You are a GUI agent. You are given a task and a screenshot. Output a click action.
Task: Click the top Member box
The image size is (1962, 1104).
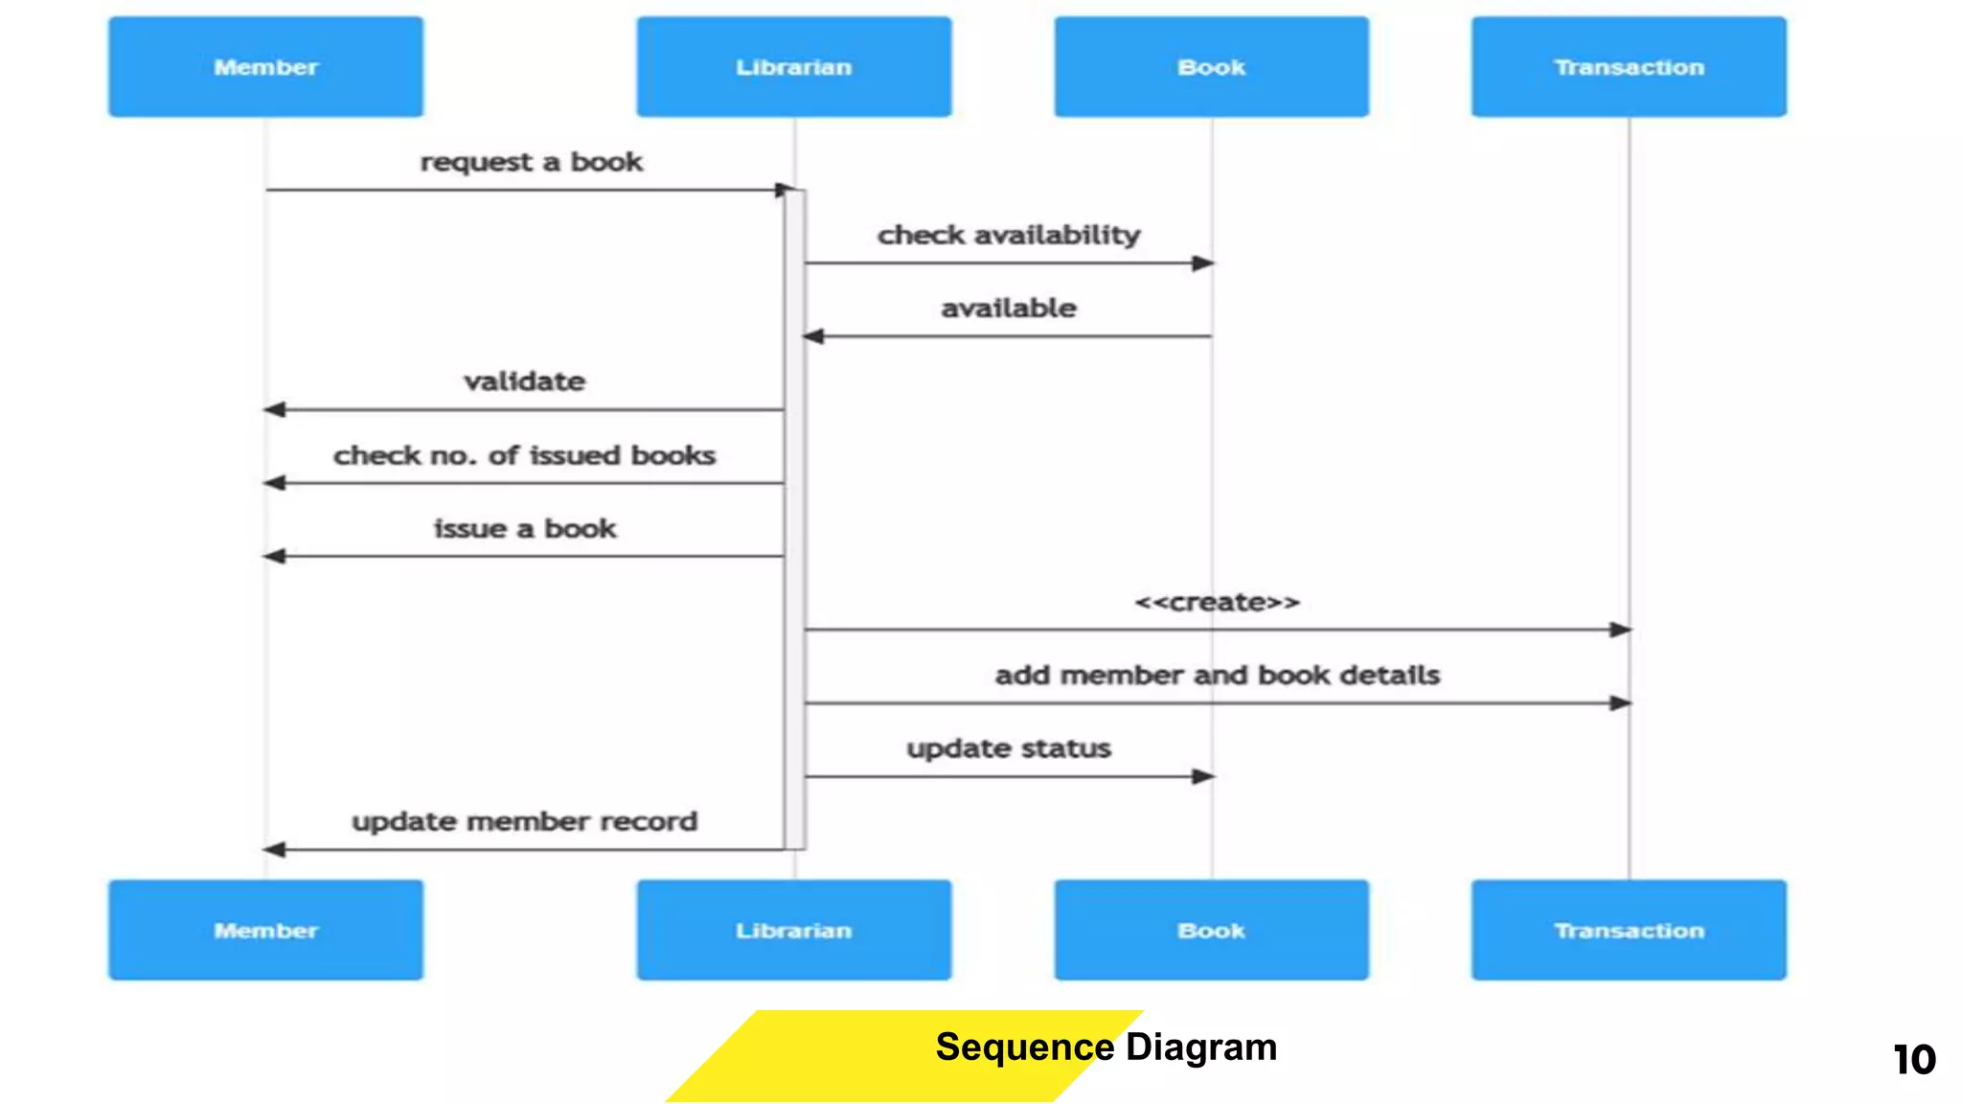click(x=265, y=67)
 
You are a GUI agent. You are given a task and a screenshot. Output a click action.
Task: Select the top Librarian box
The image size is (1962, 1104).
click(x=793, y=67)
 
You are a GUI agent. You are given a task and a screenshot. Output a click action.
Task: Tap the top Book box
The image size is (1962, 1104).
click(x=1211, y=67)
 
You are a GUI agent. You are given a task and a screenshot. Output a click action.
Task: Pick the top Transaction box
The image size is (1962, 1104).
click(x=1629, y=67)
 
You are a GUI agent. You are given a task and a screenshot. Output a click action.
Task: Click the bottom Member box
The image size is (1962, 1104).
click(x=265, y=930)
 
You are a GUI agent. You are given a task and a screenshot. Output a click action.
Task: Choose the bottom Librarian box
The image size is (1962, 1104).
click(x=793, y=930)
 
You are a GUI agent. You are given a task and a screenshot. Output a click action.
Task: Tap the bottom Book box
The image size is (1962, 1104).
click(x=1211, y=930)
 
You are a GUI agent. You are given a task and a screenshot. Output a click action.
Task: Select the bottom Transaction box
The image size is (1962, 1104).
click(x=1629, y=930)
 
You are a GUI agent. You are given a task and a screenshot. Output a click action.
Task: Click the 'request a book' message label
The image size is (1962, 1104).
click(x=531, y=162)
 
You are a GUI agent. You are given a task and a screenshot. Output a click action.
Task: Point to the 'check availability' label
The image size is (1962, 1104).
click(x=1008, y=235)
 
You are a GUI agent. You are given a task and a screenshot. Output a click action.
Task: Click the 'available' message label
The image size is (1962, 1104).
click(x=1008, y=308)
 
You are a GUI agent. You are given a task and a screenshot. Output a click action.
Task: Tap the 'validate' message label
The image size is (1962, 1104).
click(x=524, y=381)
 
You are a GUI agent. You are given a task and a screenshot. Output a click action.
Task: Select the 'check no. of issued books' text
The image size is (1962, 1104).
click(x=524, y=455)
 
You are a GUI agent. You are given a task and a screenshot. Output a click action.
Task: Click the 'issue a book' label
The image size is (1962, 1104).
click(x=524, y=528)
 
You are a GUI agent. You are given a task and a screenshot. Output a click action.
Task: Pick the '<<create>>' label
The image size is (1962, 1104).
click(x=1217, y=602)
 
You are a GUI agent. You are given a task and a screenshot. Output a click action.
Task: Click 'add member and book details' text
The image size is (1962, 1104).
click(x=1217, y=675)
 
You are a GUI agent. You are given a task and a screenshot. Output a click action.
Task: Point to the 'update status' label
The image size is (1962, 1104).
click(x=1008, y=747)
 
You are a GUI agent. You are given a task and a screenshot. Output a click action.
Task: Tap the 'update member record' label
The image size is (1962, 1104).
click(x=524, y=821)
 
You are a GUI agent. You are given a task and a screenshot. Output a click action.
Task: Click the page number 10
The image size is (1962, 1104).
click(x=1914, y=1060)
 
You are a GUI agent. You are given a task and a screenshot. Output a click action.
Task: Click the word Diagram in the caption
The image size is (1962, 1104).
click(x=1201, y=1046)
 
